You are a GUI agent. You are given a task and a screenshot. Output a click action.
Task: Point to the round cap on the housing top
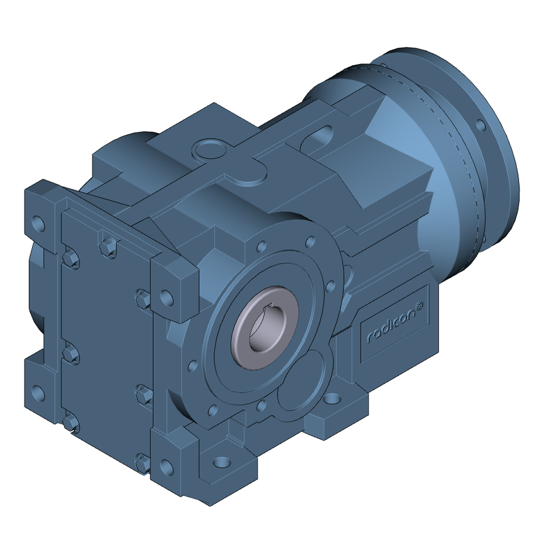pos(209,147)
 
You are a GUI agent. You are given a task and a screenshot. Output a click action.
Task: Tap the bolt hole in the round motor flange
pos(480,124)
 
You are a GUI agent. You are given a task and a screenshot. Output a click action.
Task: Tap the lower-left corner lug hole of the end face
pos(37,392)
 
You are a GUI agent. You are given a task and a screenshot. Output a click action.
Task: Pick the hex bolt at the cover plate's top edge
pos(108,247)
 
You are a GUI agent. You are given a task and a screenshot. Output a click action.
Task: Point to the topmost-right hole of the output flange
pos(310,240)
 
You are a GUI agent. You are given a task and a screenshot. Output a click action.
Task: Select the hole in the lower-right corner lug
pos(168,466)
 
